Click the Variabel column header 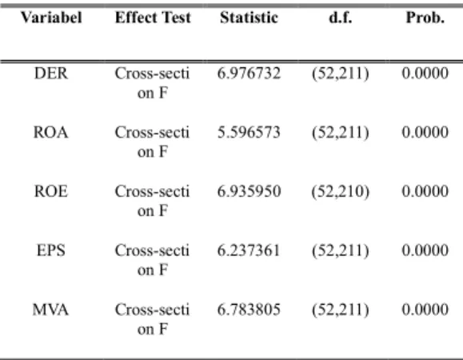51,18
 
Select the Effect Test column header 153,18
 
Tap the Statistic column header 249,18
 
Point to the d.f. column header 341,18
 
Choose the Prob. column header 425,18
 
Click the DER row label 51,74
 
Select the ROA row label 51,132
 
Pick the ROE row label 51,191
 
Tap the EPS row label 51,250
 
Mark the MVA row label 50,310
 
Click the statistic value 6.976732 249,74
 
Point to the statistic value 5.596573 249,132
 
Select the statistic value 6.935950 249,191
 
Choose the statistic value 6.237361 249,250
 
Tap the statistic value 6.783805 249,310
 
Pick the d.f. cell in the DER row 341,74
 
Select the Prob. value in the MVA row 425,310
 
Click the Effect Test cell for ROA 152,142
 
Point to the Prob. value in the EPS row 425,250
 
